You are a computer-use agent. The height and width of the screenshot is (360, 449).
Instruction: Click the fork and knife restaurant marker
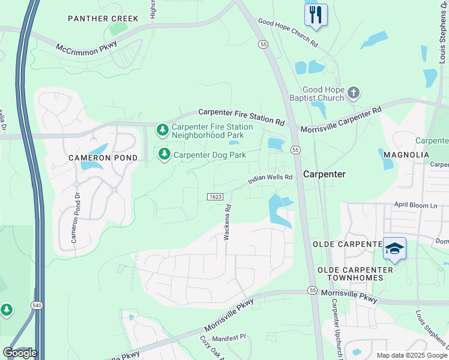point(316,14)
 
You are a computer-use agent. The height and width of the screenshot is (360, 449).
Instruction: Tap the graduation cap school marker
point(394,248)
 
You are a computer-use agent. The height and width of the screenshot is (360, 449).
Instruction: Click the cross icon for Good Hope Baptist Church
point(354,92)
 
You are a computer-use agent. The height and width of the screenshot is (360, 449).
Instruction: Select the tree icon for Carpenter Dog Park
point(164,155)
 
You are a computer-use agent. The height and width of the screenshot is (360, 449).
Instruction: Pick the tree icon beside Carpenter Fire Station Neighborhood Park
point(162,130)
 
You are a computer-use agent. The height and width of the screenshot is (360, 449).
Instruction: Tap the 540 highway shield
point(37,306)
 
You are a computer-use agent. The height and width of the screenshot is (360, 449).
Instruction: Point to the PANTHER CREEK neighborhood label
point(103,19)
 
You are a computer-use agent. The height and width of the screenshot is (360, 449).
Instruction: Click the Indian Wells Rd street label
point(271,178)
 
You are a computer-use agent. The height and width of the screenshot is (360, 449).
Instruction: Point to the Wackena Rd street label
point(228,223)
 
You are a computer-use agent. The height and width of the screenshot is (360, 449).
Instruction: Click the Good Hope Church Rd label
point(288,32)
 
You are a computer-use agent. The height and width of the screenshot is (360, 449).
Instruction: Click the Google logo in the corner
point(20,353)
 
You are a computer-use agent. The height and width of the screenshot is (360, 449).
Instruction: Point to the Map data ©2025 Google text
point(412,355)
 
